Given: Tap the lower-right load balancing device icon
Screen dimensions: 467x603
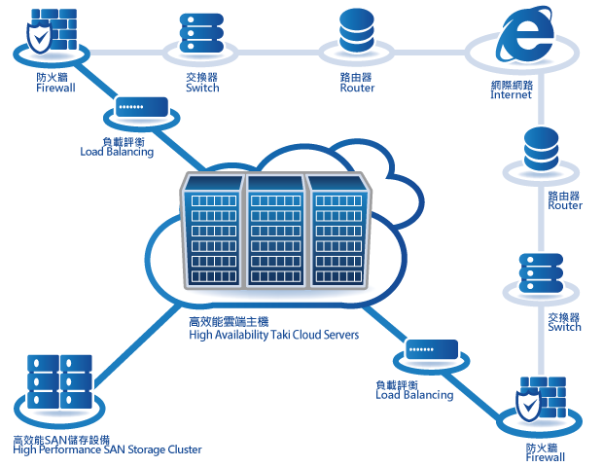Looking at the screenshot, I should (x=432, y=349).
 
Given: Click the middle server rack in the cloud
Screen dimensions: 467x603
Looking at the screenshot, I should (x=273, y=231).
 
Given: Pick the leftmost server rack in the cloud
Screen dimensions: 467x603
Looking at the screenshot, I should (x=211, y=231).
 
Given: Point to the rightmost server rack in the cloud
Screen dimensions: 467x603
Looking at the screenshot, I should (x=337, y=231).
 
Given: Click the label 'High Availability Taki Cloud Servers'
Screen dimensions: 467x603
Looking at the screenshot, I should (x=273, y=335).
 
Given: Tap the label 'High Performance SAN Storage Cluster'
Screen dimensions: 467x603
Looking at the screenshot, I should (x=107, y=449).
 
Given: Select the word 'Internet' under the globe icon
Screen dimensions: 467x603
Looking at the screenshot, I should (x=512, y=95).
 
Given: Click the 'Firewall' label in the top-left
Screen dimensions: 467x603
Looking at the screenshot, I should (x=55, y=87).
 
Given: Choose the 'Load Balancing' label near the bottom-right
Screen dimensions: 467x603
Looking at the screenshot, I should (x=414, y=395).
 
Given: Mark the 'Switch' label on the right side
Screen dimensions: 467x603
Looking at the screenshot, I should (x=564, y=327).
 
